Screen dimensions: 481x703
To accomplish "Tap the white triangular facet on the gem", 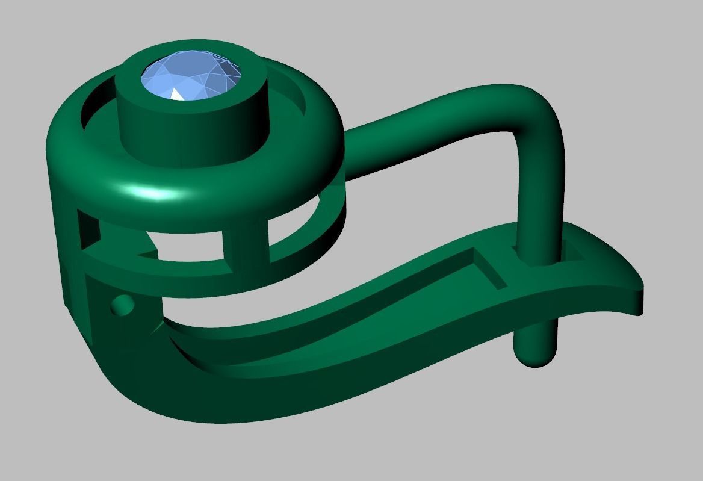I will pos(179,94).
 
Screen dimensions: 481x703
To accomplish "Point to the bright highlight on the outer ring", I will pos(150,193).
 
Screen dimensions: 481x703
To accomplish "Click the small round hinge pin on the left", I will pos(123,306).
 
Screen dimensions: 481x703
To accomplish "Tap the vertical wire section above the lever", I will pos(539,199).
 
